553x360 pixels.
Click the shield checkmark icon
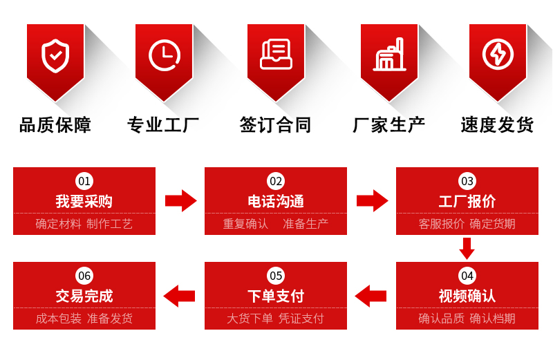pyautogui.click(x=55, y=56)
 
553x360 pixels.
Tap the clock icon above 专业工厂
pyautogui.click(x=164, y=55)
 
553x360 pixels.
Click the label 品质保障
pyautogui.click(x=55, y=125)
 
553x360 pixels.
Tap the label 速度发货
pyautogui.click(x=497, y=125)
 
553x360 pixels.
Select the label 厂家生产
pyautogui.click(x=389, y=125)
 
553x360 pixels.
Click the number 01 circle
pyautogui.click(x=84, y=181)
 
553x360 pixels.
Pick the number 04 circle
pyautogui.click(x=467, y=276)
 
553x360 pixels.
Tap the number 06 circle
pyautogui.click(x=84, y=276)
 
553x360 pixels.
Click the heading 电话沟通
pyautogui.click(x=276, y=202)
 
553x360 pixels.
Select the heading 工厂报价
pyautogui.click(x=467, y=202)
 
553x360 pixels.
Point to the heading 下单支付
pyautogui.click(x=276, y=296)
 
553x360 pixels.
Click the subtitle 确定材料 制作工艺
pyautogui.click(x=84, y=224)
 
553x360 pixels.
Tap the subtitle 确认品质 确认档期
pyautogui.click(x=467, y=319)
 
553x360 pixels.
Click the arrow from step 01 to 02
pyautogui.click(x=180, y=201)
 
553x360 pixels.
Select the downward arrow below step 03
pyautogui.click(x=467, y=247)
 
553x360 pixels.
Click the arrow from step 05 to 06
pyautogui.click(x=180, y=296)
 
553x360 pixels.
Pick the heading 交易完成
pyautogui.click(x=84, y=296)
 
